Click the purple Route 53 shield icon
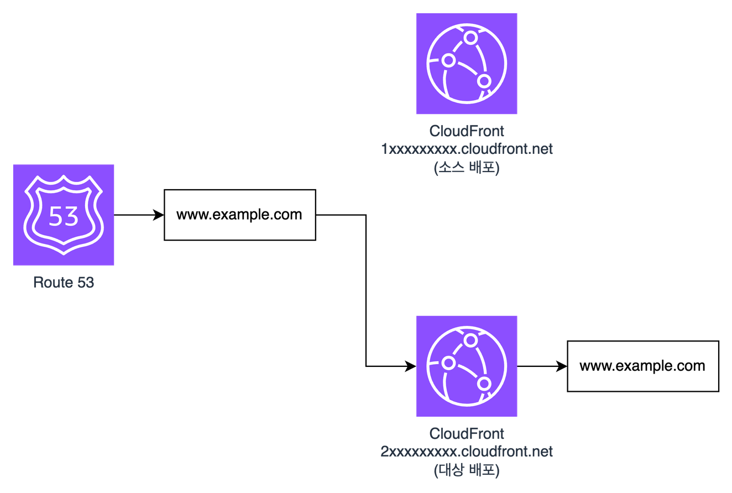[64, 215]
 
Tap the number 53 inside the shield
[64, 216]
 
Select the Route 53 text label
[64, 283]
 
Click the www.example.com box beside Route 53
[239, 215]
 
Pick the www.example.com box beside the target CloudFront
[642, 366]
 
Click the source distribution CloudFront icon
[467, 64]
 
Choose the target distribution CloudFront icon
[467, 366]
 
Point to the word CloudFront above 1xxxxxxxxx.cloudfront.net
[467, 132]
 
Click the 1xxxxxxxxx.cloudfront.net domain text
[467, 149]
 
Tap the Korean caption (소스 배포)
[467, 167]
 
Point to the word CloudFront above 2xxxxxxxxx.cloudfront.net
[467, 433]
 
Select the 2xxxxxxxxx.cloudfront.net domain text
[467, 451]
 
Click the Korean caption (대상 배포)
[467, 470]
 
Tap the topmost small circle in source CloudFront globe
[470, 38]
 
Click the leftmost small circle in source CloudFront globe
[449, 60]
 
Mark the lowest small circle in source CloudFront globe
[484, 81]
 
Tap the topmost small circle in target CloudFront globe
[470, 340]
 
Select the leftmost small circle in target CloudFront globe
[449, 362]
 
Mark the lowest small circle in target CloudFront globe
[484, 383]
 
